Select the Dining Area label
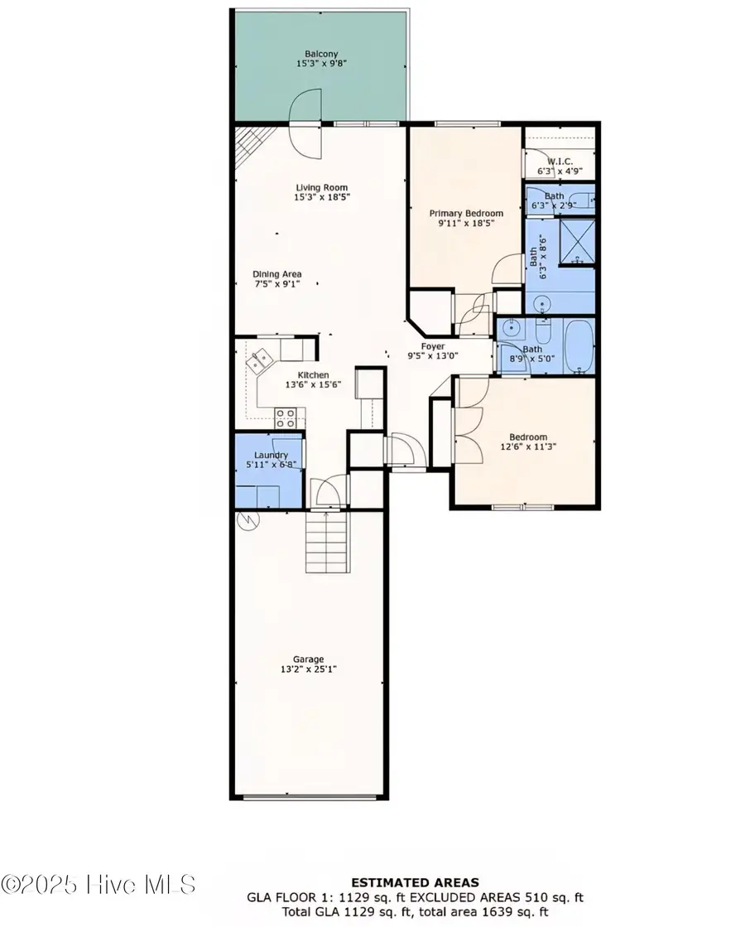coord(276,274)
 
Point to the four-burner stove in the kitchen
coord(286,417)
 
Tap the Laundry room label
coord(271,455)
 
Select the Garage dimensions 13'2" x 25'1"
coord(307,670)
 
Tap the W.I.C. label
coord(555,162)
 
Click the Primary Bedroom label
coord(465,213)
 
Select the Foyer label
coord(432,346)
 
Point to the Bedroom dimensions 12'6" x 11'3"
coord(527,446)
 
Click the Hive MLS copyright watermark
coord(99,883)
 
